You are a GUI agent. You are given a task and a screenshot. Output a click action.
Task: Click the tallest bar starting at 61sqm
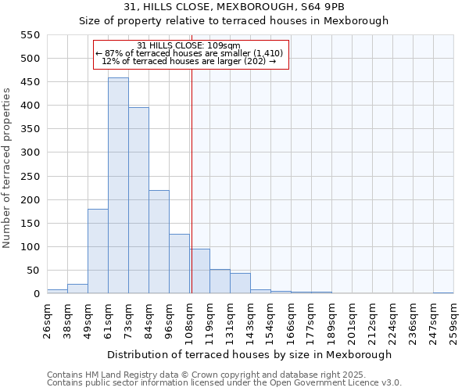(118, 186)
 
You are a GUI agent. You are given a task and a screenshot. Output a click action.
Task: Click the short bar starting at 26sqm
(57, 291)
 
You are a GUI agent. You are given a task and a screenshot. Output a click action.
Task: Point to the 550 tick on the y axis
(29, 35)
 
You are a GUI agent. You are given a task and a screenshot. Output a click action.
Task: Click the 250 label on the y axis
(29, 200)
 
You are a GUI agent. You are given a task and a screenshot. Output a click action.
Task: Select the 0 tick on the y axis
(36, 294)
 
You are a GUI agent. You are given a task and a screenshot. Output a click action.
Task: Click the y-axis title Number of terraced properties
(7, 168)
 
